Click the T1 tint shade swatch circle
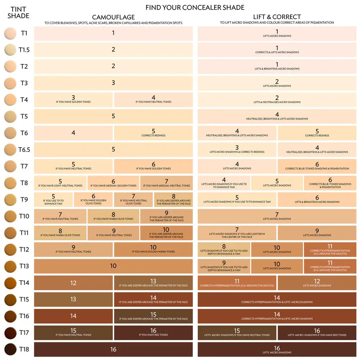click(x=10, y=33)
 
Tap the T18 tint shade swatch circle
click(x=10, y=349)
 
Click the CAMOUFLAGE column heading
click(x=113, y=17)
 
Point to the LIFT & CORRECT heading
click(x=277, y=17)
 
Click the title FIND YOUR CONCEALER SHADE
click(x=195, y=7)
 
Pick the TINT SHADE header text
click(x=18, y=12)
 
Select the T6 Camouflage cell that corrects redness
click(x=153, y=133)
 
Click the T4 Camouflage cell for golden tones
click(x=73, y=99)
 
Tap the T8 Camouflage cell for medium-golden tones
click(x=113, y=183)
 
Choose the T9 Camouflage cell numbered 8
click(x=174, y=199)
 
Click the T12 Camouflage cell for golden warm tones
click(x=153, y=249)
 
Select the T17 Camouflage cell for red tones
click(x=153, y=332)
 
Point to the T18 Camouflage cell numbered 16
click(x=113, y=349)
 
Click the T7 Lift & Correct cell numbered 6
click(x=317, y=166)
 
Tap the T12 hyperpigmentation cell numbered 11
click(x=330, y=249)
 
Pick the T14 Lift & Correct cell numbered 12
click(x=317, y=283)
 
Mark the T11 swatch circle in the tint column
click(x=10, y=233)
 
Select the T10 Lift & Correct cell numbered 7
click(x=277, y=216)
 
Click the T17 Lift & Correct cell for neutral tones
click(x=237, y=332)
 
